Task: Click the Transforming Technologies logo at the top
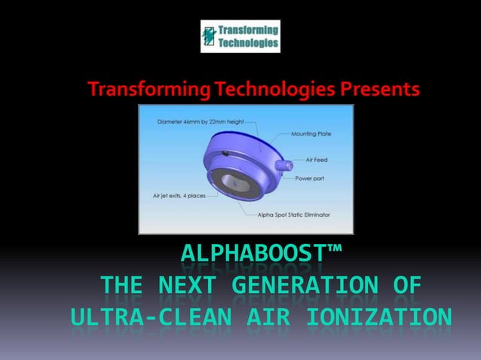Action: tap(240, 36)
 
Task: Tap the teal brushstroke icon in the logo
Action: tap(209, 36)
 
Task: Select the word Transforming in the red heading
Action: tap(145, 90)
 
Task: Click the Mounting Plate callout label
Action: tap(311, 133)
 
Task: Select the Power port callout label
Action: tap(310, 178)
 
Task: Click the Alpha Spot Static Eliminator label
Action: tap(299, 215)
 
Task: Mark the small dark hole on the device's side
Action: tap(225, 154)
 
